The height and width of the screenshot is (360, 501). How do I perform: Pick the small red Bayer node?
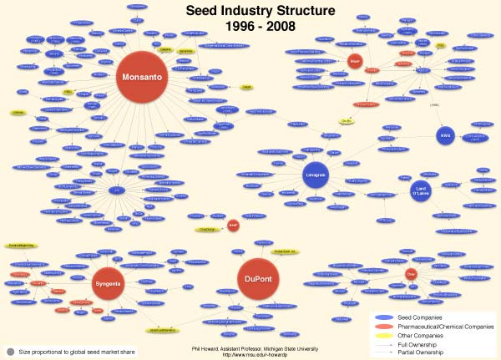(354, 60)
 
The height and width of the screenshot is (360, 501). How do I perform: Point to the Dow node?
(410, 273)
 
